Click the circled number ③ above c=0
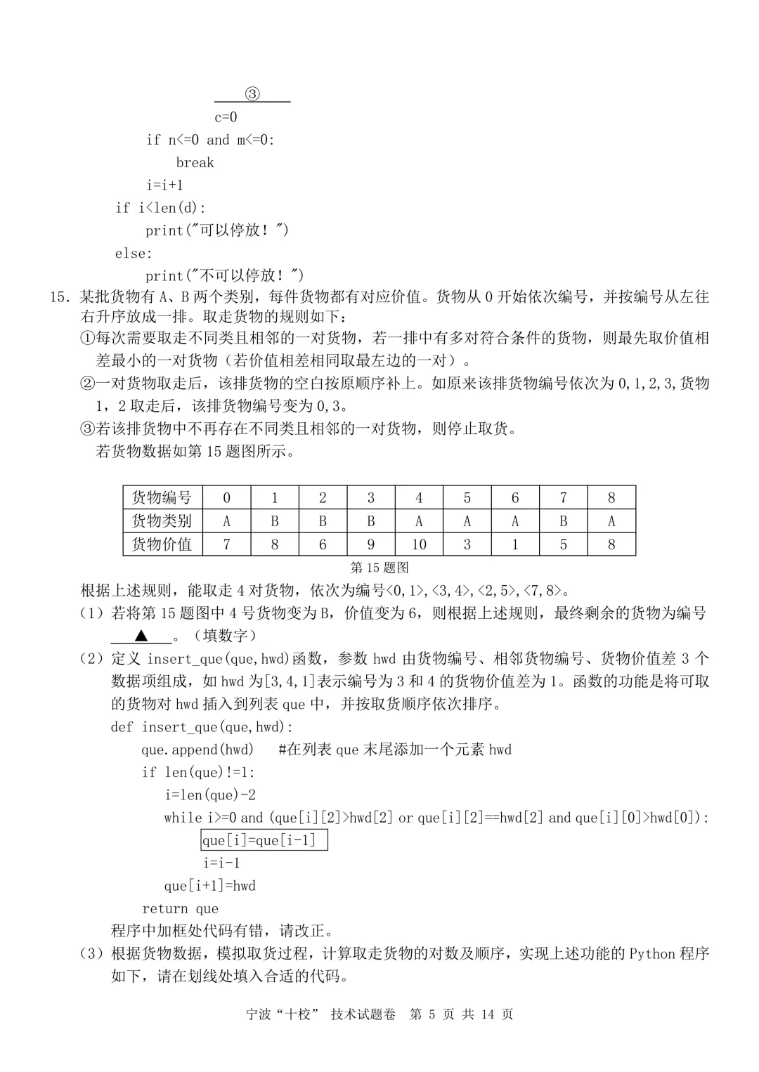tap(252, 94)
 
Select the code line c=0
tap(226, 117)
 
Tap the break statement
tap(195, 162)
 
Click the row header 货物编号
tap(162, 497)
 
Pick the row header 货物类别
tap(162, 521)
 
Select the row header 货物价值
tap(162, 544)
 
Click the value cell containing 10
tap(419, 544)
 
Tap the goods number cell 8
tap(611, 497)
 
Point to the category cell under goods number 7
tap(563, 521)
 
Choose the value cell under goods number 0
tap(226, 544)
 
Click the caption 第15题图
tap(379, 567)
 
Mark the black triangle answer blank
tap(141, 636)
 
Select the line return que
tap(180, 908)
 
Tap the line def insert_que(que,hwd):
tap(202, 726)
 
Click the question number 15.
tap(58, 296)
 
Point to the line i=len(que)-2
tap(210, 795)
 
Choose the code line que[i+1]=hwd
tap(209, 885)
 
